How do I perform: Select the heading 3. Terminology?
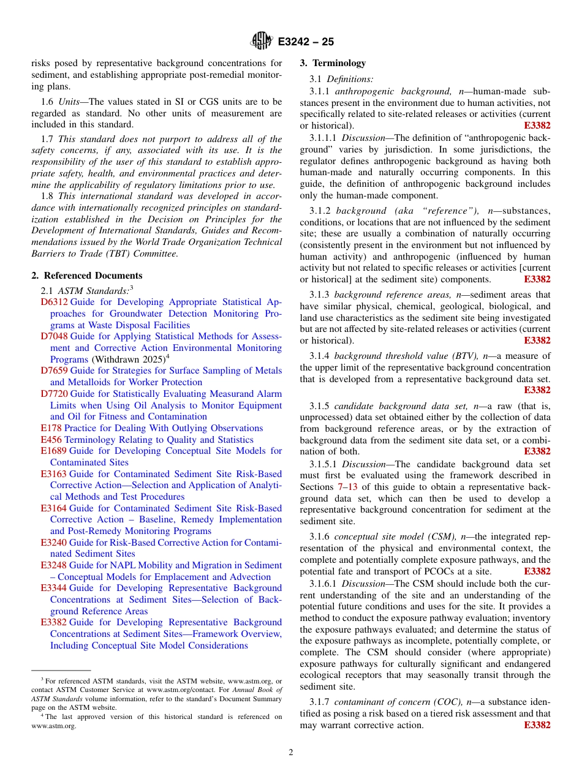tap(333, 63)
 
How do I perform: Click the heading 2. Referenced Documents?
tap(87, 276)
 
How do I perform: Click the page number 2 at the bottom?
tap(291, 753)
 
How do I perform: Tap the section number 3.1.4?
tap(319, 356)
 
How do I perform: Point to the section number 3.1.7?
tap(319, 702)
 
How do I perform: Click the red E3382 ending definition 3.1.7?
tap(537, 725)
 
